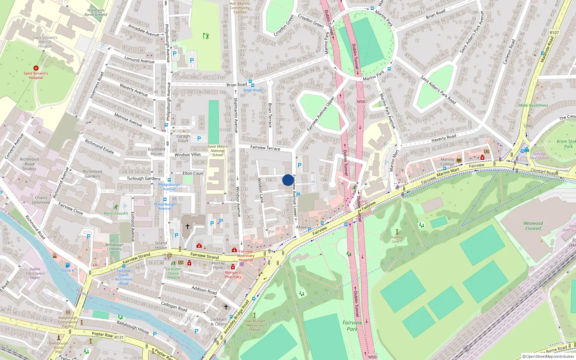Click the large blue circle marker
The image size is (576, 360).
click(x=288, y=180)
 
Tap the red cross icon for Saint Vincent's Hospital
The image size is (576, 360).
click(x=36, y=68)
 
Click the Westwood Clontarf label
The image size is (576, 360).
click(x=533, y=226)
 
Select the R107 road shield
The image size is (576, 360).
click(x=554, y=32)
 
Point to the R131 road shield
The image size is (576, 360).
click(x=119, y=337)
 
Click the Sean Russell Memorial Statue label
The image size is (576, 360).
click(x=254, y=325)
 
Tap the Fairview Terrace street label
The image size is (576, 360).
click(x=265, y=148)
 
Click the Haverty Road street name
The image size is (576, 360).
click(x=444, y=138)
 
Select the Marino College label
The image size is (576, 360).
click(x=447, y=162)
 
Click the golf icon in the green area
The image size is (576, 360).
click(x=206, y=36)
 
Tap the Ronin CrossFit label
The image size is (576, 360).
click(x=116, y=213)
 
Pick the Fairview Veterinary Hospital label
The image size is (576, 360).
click(x=246, y=256)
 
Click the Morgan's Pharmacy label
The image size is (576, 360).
click(x=233, y=275)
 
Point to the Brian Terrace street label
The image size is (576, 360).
click(x=270, y=115)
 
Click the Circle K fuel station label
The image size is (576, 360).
click(x=68, y=270)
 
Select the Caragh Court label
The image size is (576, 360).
click(x=183, y=139)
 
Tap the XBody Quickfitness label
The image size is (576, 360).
click(x=533, y=105)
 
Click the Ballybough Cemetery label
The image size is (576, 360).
click(x=114, y=247)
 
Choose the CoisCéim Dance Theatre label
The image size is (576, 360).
click(x=174, y=273)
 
